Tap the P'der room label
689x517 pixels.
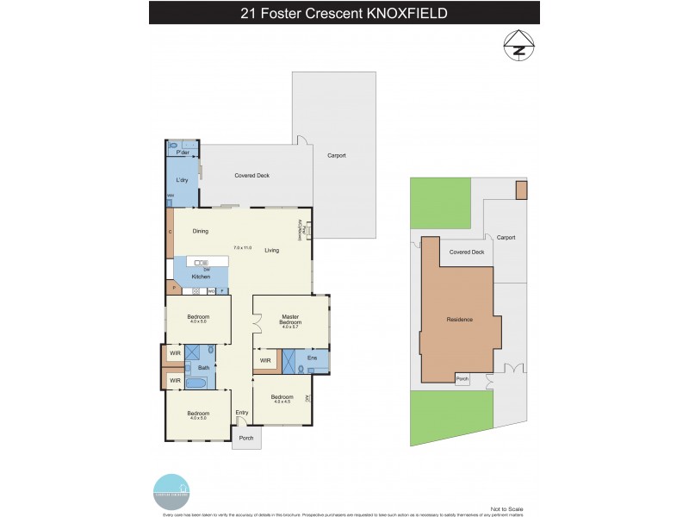[183, 152]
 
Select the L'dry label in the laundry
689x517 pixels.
[182, 180]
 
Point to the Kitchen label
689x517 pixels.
[201, 276]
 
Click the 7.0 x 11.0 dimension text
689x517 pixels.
[242, 248]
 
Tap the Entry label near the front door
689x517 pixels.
[242, 413]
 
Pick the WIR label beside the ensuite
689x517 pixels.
[265, 360]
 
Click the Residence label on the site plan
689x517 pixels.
[459, 320]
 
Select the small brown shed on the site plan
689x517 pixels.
[520, 190]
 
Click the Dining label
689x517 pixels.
[200, 231]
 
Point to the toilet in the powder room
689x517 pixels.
[173, 146]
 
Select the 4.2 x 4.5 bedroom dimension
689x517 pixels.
[282, 401]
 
